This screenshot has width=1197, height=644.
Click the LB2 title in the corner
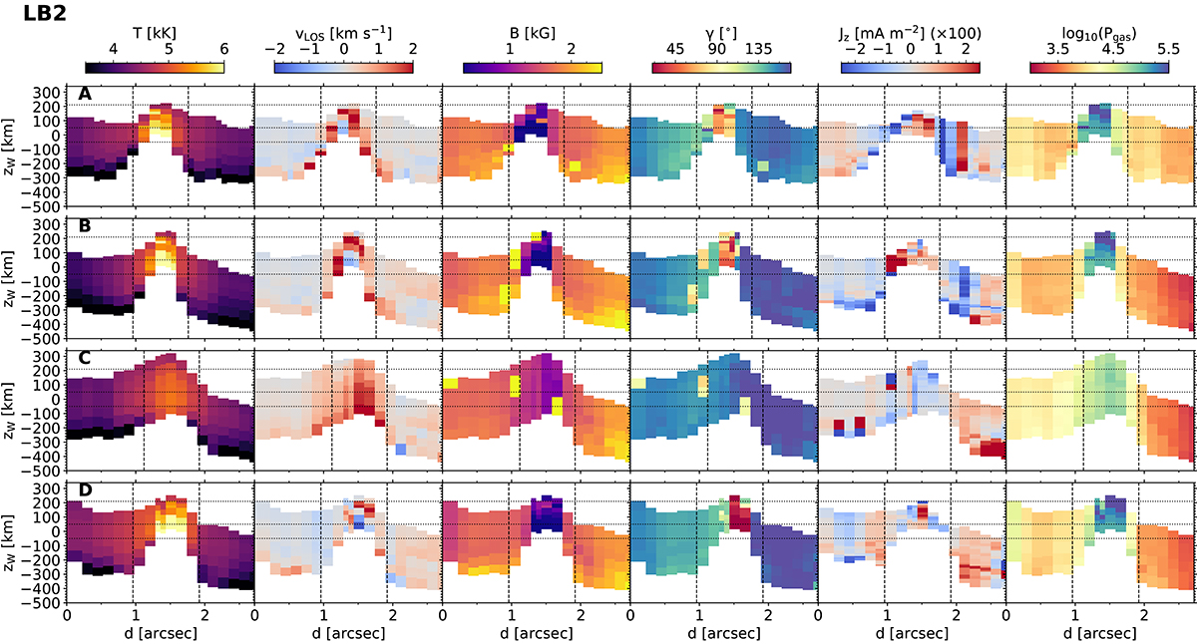coord(31,16)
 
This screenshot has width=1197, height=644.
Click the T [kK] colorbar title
coord(155,32)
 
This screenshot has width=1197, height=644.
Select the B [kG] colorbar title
coord(532,32)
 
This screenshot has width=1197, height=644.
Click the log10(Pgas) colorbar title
coord(1098,32)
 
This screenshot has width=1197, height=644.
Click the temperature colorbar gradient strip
coord(155,68)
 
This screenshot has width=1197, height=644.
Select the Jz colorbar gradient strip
coord(910,68)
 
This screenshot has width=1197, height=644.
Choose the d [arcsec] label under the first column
coord(155,632)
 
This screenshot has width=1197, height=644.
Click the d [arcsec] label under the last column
coord(1098,632)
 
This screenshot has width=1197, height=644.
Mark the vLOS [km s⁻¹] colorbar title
coord(343,32)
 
